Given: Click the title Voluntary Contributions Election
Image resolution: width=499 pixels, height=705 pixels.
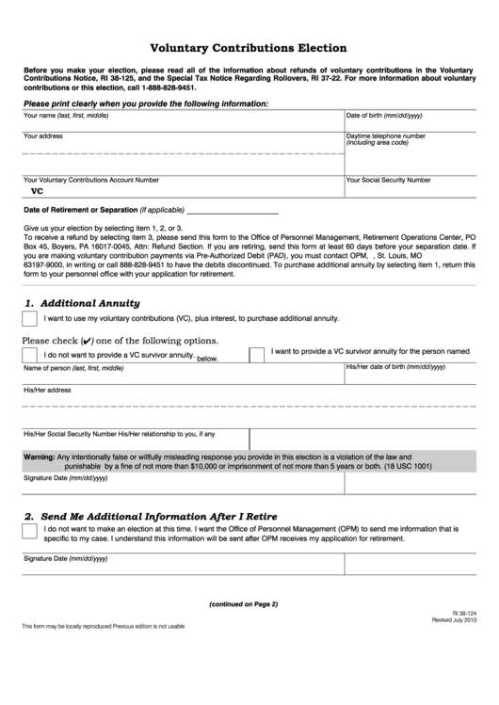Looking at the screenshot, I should coord(249,47).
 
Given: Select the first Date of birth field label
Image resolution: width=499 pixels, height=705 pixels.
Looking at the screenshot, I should coord(384,115).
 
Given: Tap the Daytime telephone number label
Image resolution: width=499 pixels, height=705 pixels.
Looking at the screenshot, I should coord(385,136).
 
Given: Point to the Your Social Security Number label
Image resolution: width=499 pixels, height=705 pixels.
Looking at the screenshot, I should coord(389,179).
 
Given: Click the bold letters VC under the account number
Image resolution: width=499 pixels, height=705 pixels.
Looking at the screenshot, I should coord(38,190).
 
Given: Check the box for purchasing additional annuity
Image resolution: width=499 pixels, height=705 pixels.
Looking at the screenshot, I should coord(29,320).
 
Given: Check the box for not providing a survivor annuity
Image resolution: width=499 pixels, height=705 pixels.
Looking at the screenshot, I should coord(29,355).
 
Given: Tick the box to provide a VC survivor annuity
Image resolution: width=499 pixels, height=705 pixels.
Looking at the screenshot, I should coord(256,354).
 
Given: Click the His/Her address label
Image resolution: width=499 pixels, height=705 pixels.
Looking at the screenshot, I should coord(47,390).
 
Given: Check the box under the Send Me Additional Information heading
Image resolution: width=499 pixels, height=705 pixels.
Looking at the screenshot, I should coord(29,533).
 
